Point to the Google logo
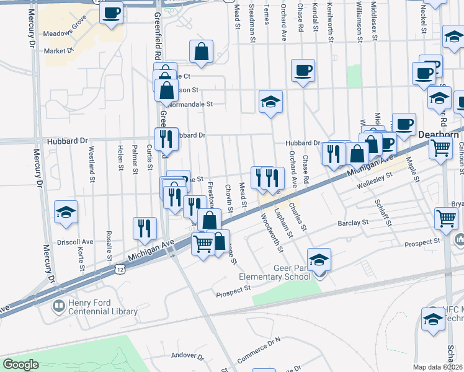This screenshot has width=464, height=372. (x=20, y=365)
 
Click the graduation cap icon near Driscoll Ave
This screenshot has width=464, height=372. (x=66, y=212)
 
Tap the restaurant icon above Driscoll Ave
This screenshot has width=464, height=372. (x=145, y=228)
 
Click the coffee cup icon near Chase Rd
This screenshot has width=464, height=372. (x=303, y=71)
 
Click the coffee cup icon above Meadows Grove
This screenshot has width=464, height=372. (x=112, y=12)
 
